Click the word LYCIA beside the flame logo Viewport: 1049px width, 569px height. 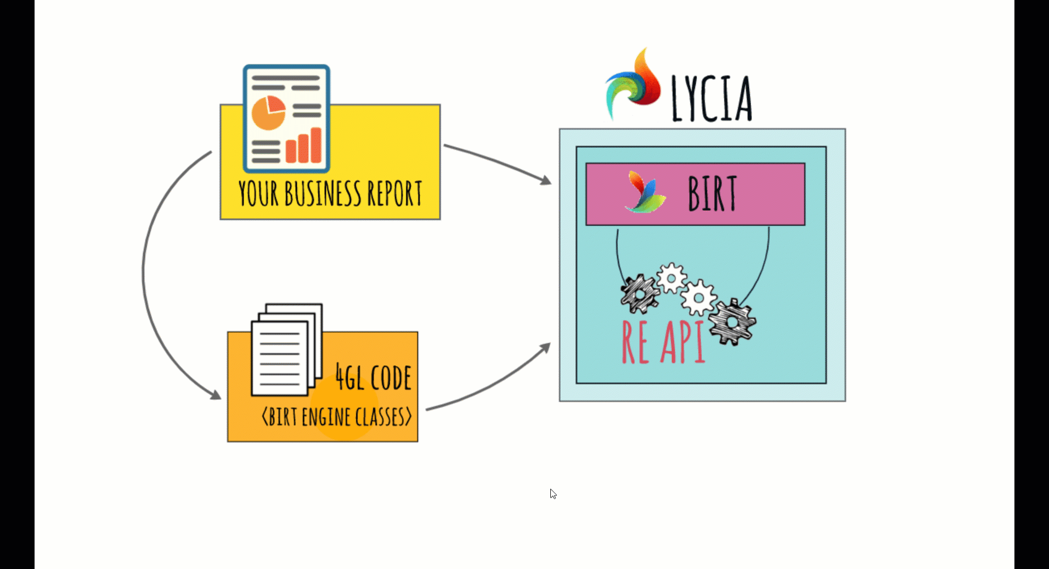[712, 99]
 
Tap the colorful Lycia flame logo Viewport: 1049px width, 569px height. [634, 84]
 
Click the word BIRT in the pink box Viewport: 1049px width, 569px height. [712, 194]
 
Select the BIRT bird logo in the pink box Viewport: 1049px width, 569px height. [646, 193]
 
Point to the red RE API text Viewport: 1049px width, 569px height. [663, 342]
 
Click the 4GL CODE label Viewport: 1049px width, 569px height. [373, 378]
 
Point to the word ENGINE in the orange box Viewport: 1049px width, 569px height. [326, 417]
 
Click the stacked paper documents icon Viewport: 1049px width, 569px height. [286, 350]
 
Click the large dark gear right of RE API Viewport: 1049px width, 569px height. [732, 322]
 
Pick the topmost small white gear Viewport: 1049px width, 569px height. [672, 278]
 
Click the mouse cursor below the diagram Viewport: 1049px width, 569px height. [553, 494]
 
